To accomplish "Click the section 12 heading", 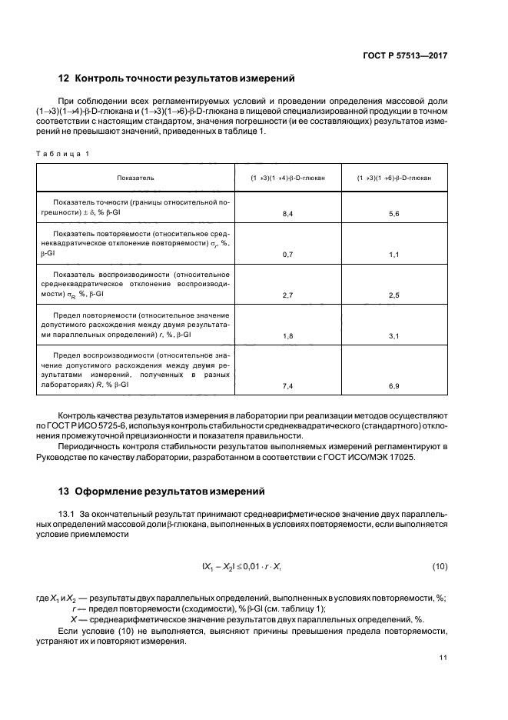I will [x=176, y=78].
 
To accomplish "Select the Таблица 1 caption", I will [x=63, y=153].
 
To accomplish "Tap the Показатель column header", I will [x=135, y=178].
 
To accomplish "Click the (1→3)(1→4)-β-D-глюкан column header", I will [x=287, y=178].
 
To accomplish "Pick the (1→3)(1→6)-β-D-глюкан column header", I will [x=393, y=178].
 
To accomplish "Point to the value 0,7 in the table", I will [x=288, y=253].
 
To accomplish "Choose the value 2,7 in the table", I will [x=288, y=295].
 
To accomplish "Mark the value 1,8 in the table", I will [x=288, y=336].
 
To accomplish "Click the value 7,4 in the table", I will [x=288, y=385].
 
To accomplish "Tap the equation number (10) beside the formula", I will [x=440, y=567].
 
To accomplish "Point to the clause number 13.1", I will [x=68, y=512].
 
